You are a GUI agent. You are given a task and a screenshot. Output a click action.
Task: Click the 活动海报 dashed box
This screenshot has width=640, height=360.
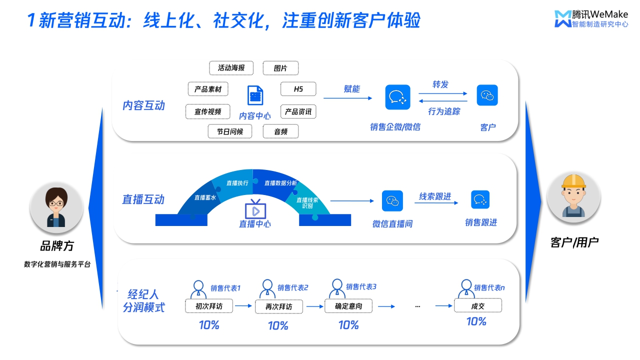[231, 68]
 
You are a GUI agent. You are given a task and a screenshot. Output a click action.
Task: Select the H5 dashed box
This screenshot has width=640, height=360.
[298, 89]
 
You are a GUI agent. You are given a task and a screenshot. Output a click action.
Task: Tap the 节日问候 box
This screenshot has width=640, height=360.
[230, 131]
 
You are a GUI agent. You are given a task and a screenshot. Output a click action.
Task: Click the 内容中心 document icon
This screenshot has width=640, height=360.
[255, 95]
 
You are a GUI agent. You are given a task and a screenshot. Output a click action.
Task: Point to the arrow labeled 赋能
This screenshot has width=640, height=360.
[347, 98]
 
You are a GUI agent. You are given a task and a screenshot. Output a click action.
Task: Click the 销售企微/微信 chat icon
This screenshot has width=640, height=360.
[397, 97]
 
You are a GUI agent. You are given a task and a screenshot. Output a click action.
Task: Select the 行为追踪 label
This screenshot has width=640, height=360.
[443, 111]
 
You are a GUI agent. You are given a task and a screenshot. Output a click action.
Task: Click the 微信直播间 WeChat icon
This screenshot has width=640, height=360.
[392, 201]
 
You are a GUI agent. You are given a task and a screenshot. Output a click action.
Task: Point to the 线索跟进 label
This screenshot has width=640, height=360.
[435, 196]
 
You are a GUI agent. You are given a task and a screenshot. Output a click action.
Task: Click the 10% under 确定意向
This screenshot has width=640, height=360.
[348, 325]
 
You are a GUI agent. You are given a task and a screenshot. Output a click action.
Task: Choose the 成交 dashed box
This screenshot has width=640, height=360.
[477, 305]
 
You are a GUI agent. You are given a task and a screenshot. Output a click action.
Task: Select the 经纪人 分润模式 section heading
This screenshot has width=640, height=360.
[144, 300]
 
